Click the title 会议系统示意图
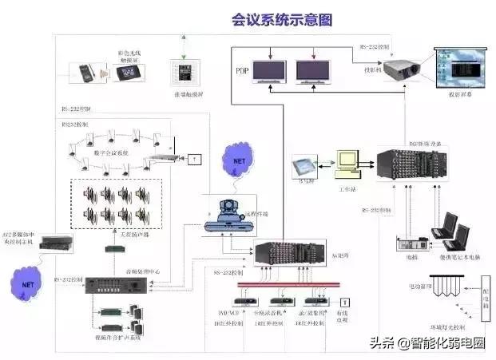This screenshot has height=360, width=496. point(282,18)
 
